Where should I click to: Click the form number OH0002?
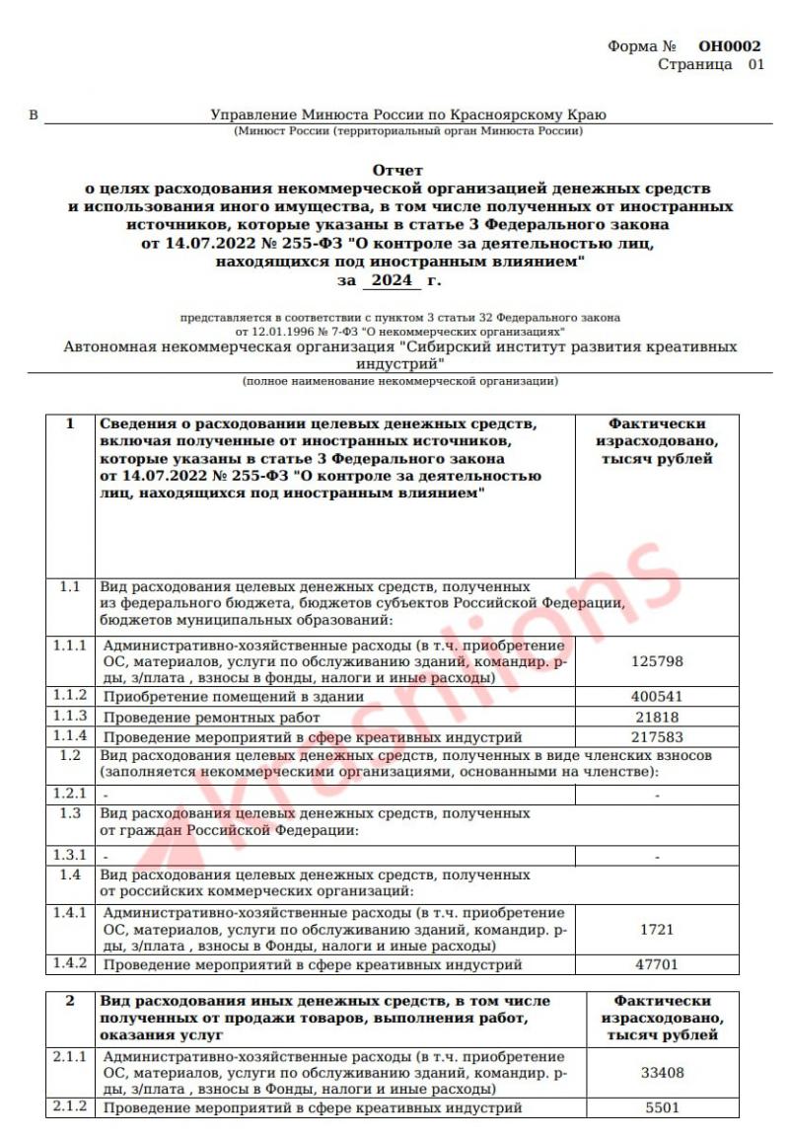click(x=729, y=45)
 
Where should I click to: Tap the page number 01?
click(x=755, y=64)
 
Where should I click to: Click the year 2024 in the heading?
click(x=391, y=282)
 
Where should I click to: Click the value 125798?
click(x=656, y=662)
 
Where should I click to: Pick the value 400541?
click(x=656, y=696)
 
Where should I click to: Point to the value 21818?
click(x=656, y=717)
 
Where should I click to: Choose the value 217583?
click(x=656, y=737)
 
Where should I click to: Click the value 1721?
click(x=656, y=930)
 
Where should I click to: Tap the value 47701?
click(x=656, y=964)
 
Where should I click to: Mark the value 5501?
click(x=664, y=1108)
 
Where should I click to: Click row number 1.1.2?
click(x=69, y=696)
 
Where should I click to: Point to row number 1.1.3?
click(x=69, y=717)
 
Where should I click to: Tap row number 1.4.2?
click(x=69, y=964)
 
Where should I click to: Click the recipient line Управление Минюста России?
click(x=408, y=115)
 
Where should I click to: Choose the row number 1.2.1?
click(x=69, y=793)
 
